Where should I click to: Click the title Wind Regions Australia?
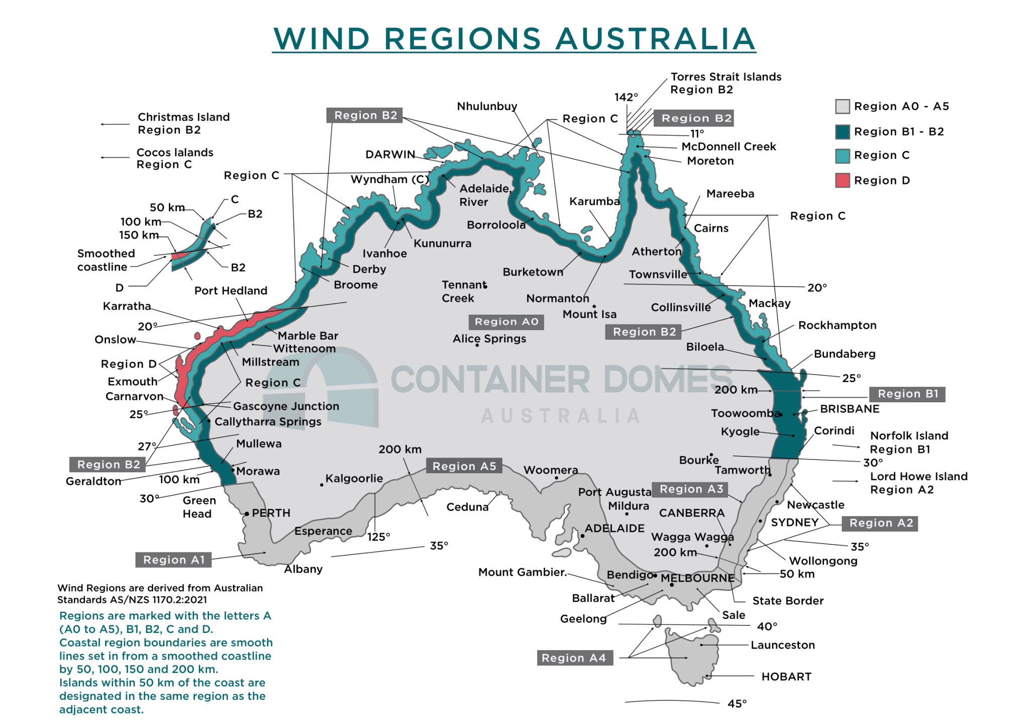click(x=514, y=39)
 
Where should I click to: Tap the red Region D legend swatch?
click(x=843, y=180)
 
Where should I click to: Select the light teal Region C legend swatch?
click(x=843, y=155)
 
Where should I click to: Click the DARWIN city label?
click(x=390, y=154)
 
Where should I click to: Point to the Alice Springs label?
click(x=489, y=338)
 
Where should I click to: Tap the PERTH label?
click(x=271, y=513)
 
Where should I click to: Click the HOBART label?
click(x=786, y=677)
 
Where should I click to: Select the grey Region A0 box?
click(x=506, y=322)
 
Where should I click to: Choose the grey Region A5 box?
click(x=464, y=466)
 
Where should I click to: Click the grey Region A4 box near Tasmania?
click(x=574, y=658)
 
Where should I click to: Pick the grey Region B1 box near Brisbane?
click(x=908, y=394)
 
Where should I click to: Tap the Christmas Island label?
click(x=183, y=117)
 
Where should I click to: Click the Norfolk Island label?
click(x=909, y=436)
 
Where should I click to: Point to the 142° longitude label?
click(x=626, y=97)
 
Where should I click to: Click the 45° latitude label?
click(x=737, y=704)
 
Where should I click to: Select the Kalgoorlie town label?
click(x=354, y=478)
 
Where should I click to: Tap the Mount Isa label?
click(x=589, y=314)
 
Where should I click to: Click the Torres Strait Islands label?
click(x=726, y=77)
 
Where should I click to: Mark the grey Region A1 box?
click(x=174, y=560)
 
